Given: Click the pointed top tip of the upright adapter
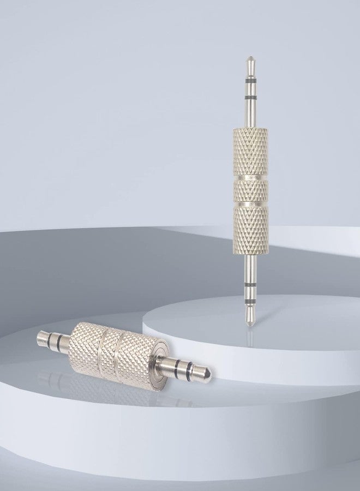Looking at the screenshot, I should pyautogui.click(x=250, y=57).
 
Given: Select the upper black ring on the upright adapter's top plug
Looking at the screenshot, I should pyautogui.click(x=250, y=80).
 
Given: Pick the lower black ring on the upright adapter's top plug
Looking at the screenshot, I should pyautogui.click(x=250, y=97).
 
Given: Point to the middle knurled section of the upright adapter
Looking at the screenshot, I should pyautogui.click(x=250, y=190).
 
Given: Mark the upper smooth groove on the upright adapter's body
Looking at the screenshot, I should pyautogui.click(x=250, y=177).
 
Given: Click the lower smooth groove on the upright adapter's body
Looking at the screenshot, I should pyautogui.click(x=250, y=202).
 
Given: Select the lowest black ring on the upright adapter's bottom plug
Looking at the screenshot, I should pyautogui.click(x=250, y=300).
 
